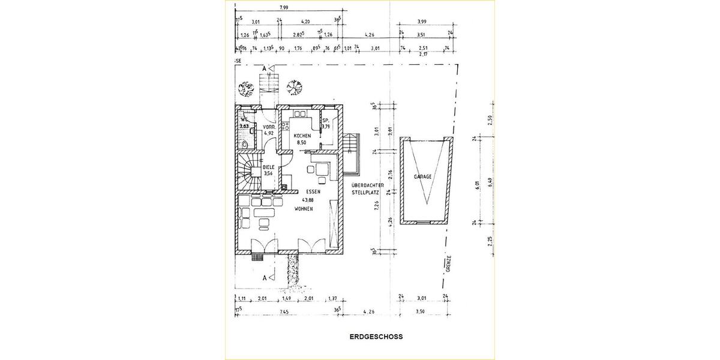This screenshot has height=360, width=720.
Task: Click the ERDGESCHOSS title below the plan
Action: tap(376, 337)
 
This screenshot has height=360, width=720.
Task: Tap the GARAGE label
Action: tap(424, 178)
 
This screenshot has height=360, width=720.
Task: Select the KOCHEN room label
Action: tap(302, 136)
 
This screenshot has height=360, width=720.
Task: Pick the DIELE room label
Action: tap(268, 167)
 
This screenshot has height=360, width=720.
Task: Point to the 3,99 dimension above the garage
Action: tap(421, 22)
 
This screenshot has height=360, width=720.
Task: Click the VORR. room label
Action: tap(268, 127)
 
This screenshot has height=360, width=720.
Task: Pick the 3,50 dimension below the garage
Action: tap(421, 311)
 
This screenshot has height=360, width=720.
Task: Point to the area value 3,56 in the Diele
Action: tap(268, 174)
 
